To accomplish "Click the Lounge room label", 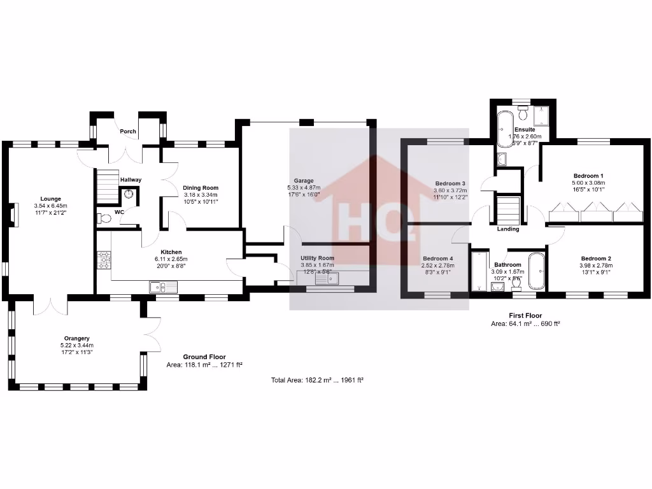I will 50,199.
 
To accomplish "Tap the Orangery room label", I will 76,338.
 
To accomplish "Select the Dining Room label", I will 201,188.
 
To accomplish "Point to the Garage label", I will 304,181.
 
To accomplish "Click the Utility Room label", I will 317,258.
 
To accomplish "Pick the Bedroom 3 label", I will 450,183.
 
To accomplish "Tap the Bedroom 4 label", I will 437,259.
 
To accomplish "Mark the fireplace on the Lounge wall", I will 13,215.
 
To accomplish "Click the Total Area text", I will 316,379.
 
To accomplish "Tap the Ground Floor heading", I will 204,357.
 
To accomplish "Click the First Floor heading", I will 525,315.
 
